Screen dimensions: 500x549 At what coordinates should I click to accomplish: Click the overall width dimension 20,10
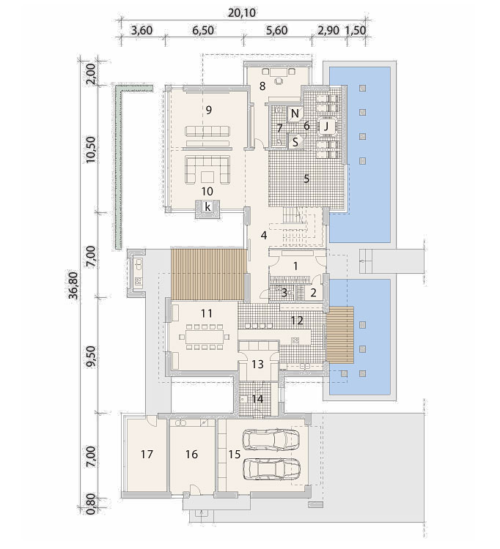(x=242, y=13)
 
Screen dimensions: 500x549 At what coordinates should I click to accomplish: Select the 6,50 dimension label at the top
(x=203, y=30)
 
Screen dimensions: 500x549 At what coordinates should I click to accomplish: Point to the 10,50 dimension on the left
(x=91, y=149)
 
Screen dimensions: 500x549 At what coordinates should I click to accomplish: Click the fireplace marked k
(x=208, y=207)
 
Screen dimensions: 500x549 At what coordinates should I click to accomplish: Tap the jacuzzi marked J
(x=326, y=127)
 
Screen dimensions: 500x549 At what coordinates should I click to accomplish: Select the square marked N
(x=295, y=113)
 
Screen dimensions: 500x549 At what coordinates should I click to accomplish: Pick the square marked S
(x=295, y=142)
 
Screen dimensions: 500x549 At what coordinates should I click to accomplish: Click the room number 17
(x=147, y=454)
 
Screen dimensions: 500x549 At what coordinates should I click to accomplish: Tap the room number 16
(x=191, y=454)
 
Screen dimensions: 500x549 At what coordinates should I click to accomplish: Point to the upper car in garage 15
(x=271, y=440)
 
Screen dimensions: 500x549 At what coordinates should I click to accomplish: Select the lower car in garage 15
(x=271, y=468)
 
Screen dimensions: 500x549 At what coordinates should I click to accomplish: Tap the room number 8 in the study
(x=262, y=86)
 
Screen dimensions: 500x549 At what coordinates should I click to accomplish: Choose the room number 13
(x=258, y=364)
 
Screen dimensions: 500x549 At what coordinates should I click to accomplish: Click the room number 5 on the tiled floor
(x=306, y=179)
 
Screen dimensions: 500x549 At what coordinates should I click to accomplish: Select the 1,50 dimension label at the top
(x=356, y=30)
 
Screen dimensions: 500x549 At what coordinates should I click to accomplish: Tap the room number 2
(x=314, y=292)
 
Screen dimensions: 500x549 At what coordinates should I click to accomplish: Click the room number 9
(x=209, y=111)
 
